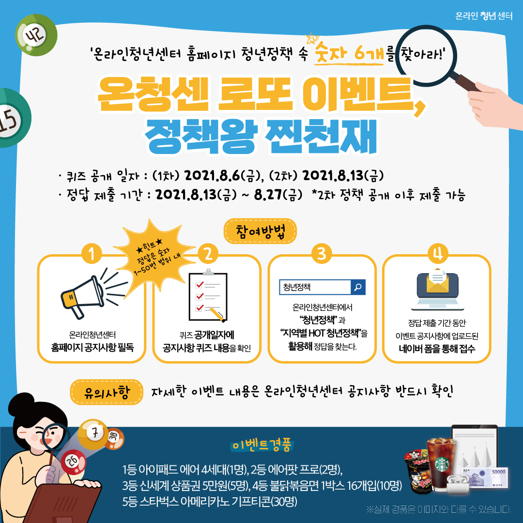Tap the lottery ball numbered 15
(11, 118)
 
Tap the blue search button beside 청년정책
(358, 287)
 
